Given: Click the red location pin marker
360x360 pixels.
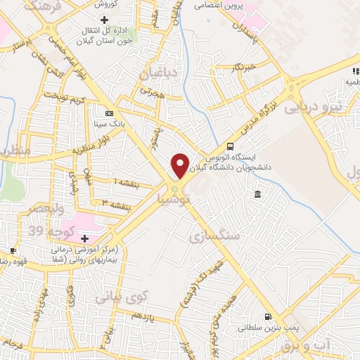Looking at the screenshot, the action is tap(180, 166).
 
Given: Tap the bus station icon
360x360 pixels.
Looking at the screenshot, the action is tap(231, 146).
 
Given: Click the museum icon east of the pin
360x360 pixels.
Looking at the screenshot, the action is tap(258, 194).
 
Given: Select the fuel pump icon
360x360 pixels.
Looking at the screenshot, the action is tap(266, 316).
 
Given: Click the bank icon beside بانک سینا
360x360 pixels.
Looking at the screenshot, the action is tap(108, 112).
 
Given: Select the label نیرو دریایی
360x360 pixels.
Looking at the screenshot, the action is tap(316, 107).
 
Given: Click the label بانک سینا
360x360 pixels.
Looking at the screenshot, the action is tap(109, 123).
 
